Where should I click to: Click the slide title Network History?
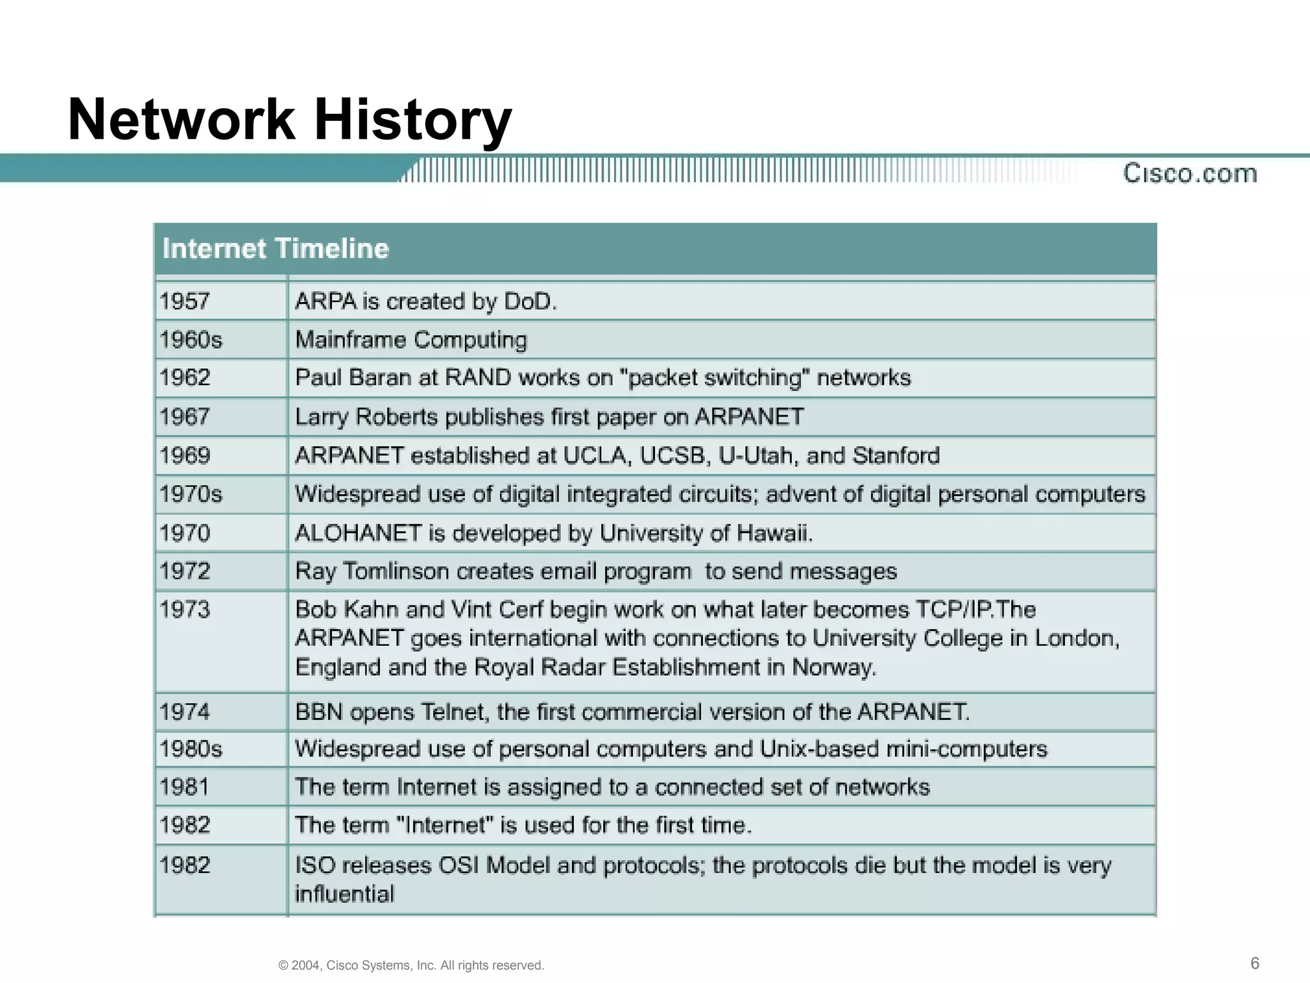(289, 120)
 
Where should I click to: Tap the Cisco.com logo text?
(1190, 173)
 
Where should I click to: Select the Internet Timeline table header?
(276, 248)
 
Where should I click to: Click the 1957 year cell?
(185, 301)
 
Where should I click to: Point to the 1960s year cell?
(191, 340)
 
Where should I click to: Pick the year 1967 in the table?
(185, 417)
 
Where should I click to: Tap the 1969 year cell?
(185, 456)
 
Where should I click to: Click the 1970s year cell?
(191, 494)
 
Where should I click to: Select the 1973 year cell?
(185, 609)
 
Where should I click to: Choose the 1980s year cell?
(191, 749)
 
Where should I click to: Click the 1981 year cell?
(184, 787)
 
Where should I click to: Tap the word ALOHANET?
(358, 533)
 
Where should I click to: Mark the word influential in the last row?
(344, 894)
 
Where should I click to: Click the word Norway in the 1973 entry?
(833, 667)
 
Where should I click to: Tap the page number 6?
(1255, 963)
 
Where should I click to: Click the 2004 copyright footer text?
(411, 965)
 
